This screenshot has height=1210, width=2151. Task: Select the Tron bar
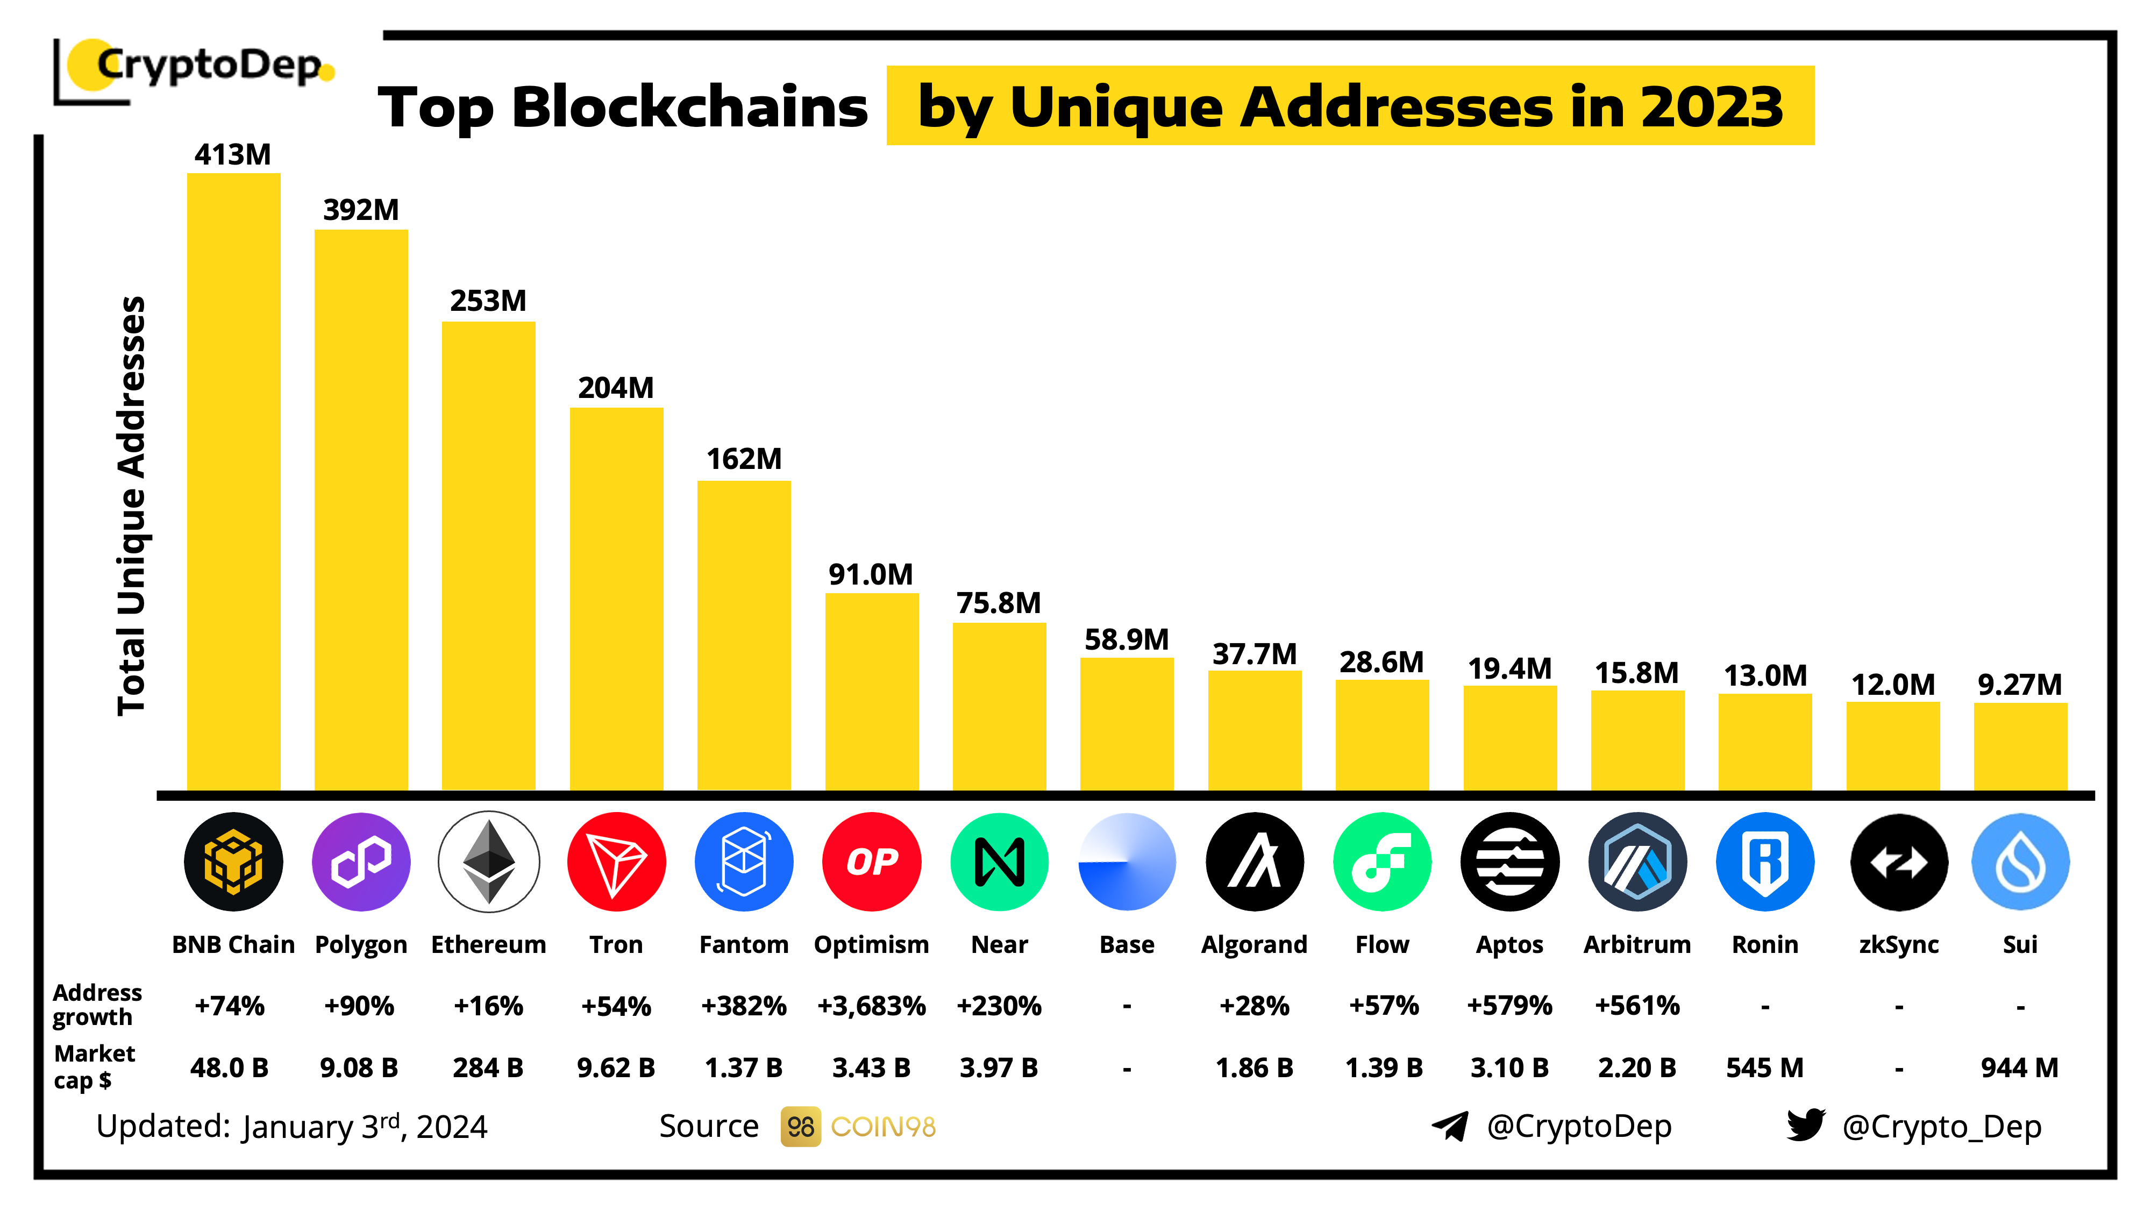[616, 598]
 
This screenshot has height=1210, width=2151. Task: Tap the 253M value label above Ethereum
[488, 301]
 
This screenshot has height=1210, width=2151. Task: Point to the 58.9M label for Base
[1127, 639]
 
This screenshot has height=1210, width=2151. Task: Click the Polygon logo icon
[361, 862]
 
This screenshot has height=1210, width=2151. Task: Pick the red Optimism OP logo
[871, 862]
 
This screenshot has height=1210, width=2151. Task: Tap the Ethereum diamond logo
[488, 862]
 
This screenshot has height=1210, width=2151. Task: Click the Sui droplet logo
[2020, 862]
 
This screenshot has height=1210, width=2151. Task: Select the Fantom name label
[743, 944]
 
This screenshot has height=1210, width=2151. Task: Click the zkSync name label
[1898, 944]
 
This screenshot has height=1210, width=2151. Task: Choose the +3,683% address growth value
[871, 1006]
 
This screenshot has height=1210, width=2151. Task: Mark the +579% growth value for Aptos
[1509, 1006]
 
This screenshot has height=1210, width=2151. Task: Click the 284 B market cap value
[488, 1067]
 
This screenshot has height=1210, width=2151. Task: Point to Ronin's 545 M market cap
[1764, 1067]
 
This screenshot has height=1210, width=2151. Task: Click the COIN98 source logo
[858, 1127]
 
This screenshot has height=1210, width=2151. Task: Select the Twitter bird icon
[1805, 1125]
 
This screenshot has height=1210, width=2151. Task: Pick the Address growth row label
[97, 1005]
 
